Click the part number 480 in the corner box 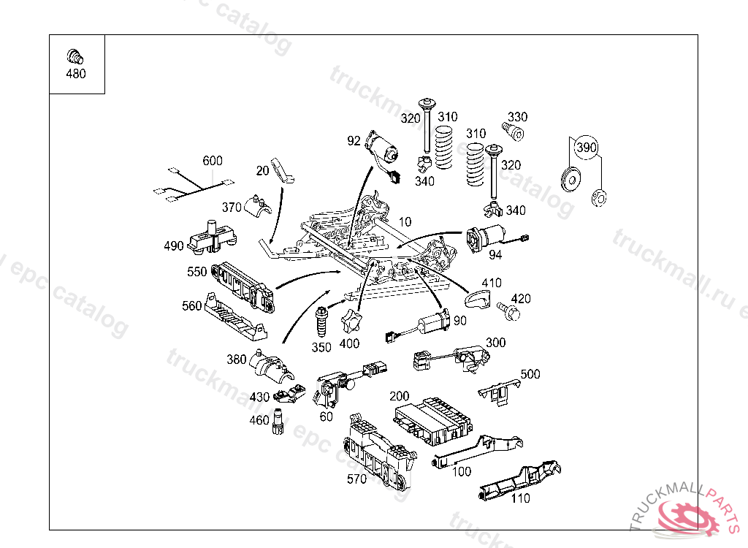click(75, 74)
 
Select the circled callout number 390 click(586, 147)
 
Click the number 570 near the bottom click(356, 479)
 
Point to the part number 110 click(520, 498)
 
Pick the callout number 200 click(399, 396)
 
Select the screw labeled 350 click(321, 320)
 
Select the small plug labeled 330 click(516, 132)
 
